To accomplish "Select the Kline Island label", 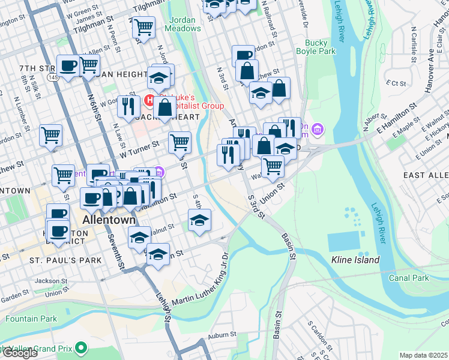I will coord(355,260).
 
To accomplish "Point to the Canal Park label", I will coord(408,278).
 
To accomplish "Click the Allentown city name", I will coord(109,220).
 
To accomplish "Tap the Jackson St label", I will coord(50,280).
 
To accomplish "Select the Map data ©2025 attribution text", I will coord(424,355).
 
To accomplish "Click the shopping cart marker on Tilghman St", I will coord(143,27).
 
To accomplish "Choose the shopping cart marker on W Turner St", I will coord(179,143).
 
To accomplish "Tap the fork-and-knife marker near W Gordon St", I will coord(128,107).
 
